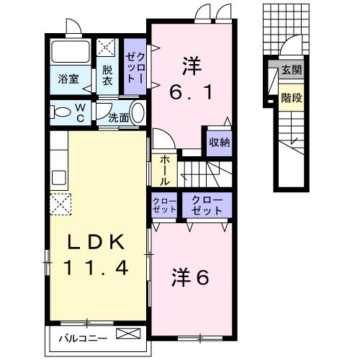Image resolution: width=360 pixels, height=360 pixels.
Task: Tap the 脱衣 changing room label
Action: pyautogui.click(x=107, y=76)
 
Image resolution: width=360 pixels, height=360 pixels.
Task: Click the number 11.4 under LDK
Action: pyautogui.click(x=95, y=269)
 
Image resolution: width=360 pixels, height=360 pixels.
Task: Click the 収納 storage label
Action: pyautogui.click(x=219, y=141)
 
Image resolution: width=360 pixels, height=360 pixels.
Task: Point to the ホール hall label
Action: pyautogui.click(x=164, y=170)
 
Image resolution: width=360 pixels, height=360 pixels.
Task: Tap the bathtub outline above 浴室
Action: pyautogui.click(x=71, y=52)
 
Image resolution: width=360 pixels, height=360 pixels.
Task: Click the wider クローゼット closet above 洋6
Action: pyautogui.click(x=207, y=206)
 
